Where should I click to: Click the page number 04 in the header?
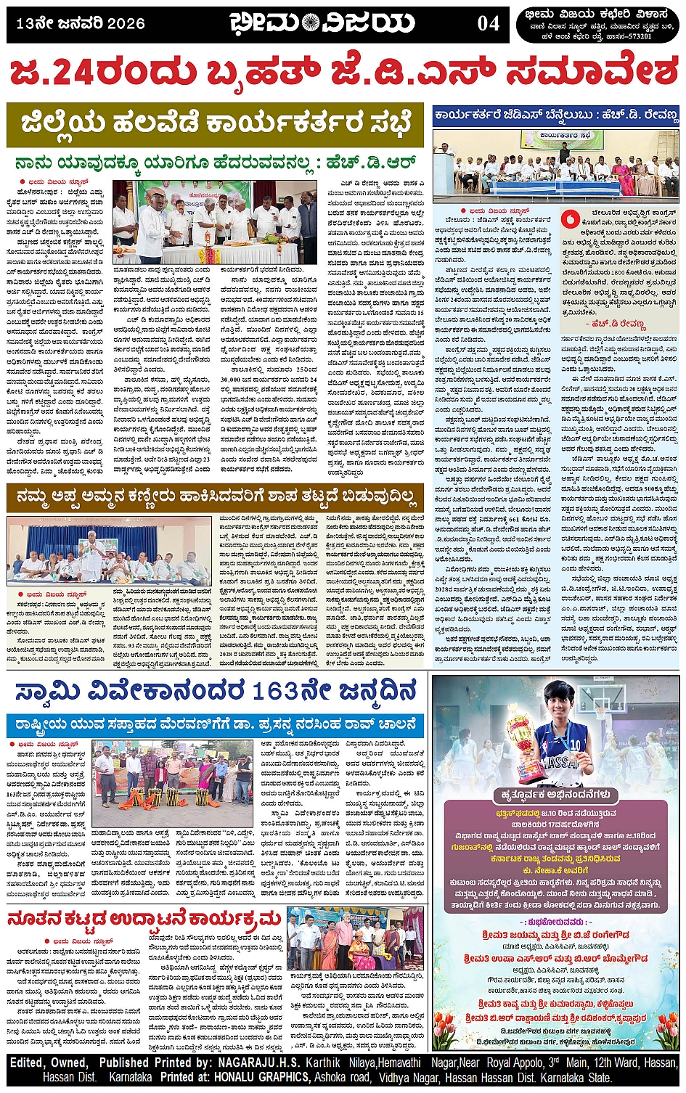tap(488, 24)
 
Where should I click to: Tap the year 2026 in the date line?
tap(126, 24)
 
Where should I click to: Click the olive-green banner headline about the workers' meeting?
tap(215, 123)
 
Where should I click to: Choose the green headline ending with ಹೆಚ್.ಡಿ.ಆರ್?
tap(215, 162)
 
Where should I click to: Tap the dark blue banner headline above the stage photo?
tap(555, 116)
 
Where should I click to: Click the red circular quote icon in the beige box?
tap(571, 216)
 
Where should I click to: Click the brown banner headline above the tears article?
tap(215, 499)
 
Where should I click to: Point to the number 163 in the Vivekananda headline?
tap(276, 690)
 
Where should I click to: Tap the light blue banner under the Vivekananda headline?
tap(215, 724)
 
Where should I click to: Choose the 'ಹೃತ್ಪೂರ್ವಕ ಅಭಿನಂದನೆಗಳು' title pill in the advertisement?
tap(555, 794)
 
